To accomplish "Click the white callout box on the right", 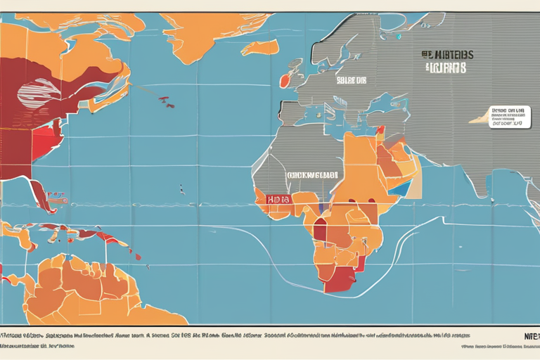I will (510, 117).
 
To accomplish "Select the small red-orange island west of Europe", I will (284, 81).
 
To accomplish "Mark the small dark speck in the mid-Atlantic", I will (181, 190).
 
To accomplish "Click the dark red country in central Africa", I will (320, 229).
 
